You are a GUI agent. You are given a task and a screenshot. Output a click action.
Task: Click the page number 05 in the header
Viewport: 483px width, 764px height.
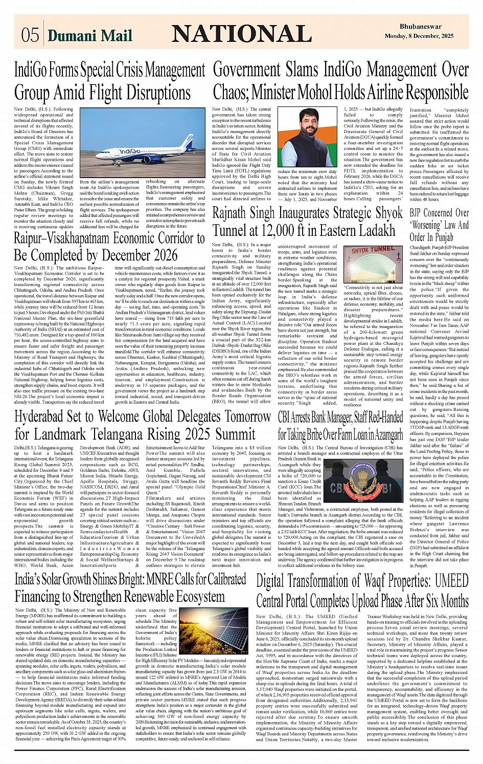(30, 34)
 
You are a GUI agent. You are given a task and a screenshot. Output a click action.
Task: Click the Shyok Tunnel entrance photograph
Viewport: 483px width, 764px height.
(373, 263)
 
